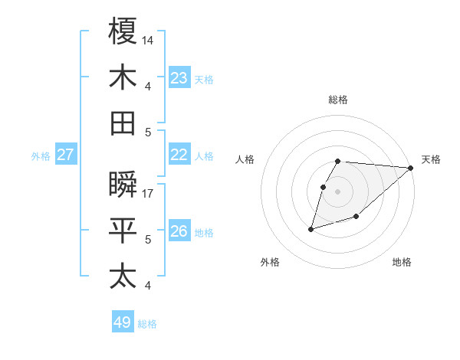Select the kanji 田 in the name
[123, 123]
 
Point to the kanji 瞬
[123, 185]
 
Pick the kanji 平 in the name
[123, 231]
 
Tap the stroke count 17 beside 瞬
[148, 194]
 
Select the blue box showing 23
[179, 77]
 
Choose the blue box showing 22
[179, 155]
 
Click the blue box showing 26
[179, 231]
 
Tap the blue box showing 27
[65, 155]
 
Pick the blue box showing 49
[122, 322]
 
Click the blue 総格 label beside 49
[147, 324]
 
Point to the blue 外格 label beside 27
[41, 156]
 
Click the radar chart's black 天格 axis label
[431, 159]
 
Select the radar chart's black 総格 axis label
[338, 100]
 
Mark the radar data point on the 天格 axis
[411, 168]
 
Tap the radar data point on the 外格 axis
[311, 228]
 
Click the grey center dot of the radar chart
[338, 191]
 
